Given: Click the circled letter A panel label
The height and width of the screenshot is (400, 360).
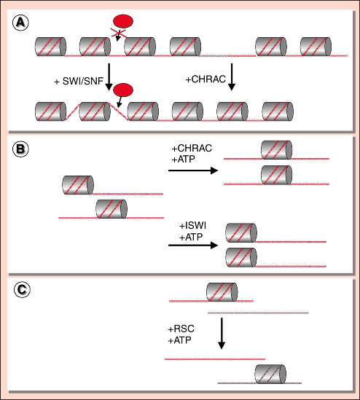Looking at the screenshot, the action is pyautogui.click(x=20, y=23).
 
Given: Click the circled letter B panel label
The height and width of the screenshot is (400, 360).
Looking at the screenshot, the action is pyautogui.click(x=20, y=149).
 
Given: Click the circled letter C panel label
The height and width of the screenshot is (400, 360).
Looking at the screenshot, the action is pyautogui.click(x=22, y=289).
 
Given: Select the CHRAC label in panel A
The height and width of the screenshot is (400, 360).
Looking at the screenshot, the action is pyautogui.click(x=206, y=79).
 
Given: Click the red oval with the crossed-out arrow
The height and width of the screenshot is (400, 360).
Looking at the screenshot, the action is pyautogui.click(x=123, y=21).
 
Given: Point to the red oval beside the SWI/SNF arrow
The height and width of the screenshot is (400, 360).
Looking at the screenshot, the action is pyautogui.click(x=123, y=90).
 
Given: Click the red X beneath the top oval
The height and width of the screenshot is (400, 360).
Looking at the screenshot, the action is pyautogui.click(x=118, y=33).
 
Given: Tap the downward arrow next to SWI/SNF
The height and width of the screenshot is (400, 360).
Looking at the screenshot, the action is pyautogui.click(x=109, y=77).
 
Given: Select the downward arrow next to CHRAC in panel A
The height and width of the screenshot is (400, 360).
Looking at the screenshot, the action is pyautogui.click(x=232, y=77).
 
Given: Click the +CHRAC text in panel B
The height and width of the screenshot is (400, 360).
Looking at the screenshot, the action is pyautogui.click(x=192, y=148).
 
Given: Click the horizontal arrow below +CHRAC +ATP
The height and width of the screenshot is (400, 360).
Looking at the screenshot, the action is pyautogui.click(x=193, y=170).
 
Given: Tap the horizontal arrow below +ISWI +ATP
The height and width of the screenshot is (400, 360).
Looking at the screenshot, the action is pyautogui.click(x=193, y=245).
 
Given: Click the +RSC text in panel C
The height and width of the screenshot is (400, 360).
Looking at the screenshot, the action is pyautogui.click(x=181, y=329).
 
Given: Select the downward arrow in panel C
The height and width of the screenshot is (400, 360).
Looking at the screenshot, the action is pyautogui.click(x=222, y=333).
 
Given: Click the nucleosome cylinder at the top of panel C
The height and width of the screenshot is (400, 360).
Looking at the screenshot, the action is pyautogui.click(x=222, y=292).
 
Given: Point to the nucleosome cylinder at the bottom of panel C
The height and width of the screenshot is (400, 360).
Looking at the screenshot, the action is pyautogui.click(x=270, y=374).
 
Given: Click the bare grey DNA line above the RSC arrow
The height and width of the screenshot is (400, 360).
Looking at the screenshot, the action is pyautogui.click(x=258, y=313).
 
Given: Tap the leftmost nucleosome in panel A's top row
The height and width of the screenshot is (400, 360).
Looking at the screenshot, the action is pyautogui.click(x=50, y=47).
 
